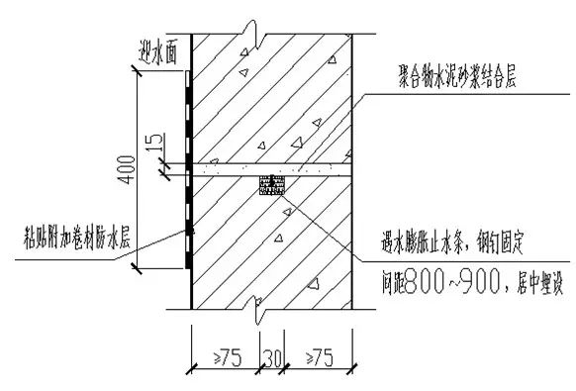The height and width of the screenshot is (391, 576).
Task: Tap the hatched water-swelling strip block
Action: [270, 184]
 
